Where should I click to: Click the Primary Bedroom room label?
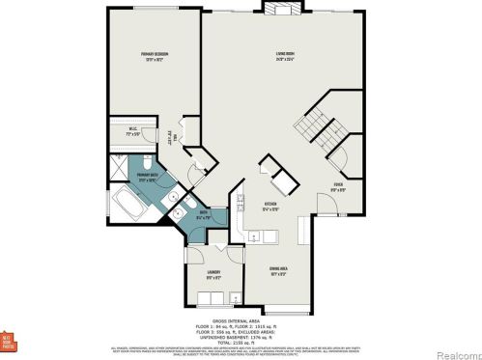point(148,57)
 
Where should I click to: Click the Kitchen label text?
point(272,205)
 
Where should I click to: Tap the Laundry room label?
point(213,273)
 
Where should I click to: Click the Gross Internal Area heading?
point(241,319)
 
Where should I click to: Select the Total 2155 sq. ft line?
point(241,340)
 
